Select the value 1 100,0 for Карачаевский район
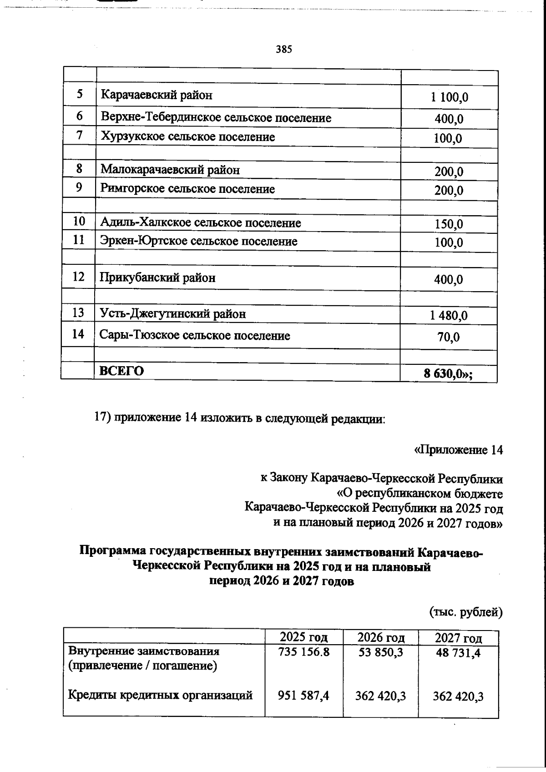click(x=449, y=97)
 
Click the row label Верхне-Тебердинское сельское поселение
click(x=216, y=118)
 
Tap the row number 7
click(x=79, y=136)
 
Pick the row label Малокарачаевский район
click(x=170, y=170)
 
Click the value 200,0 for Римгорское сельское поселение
click(x=449, y=191)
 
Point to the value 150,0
click(x=449, y=224)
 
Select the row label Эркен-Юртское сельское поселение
click(x=198, y=241)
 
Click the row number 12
click(x=79, y=277)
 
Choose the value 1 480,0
click(x=449, y=315)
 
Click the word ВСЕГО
click(x=121, y=371)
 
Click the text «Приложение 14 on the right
click(x=458, y=450)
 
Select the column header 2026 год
click(x=381, y=637)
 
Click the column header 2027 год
click(x=458, y=638)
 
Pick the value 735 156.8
click(x=304, y=652)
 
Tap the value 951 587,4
click(x=304, y=696)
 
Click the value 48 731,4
click(x=458, y=653)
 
